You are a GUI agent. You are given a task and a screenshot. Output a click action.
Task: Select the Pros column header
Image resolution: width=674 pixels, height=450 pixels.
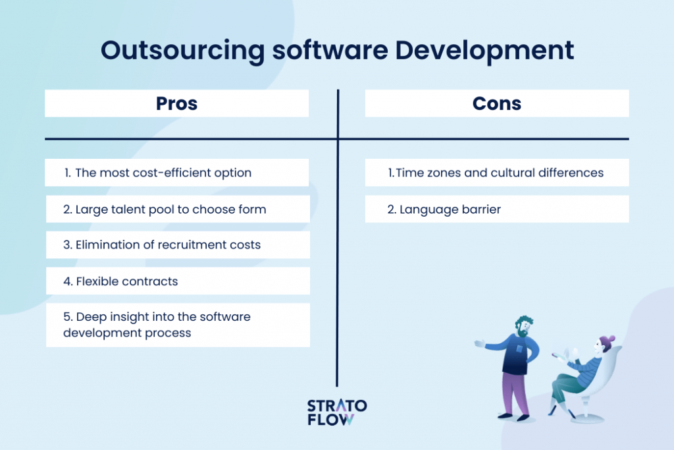tap(176, 103)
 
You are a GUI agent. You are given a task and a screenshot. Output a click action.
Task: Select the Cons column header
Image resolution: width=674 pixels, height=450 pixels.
tap(497, 103)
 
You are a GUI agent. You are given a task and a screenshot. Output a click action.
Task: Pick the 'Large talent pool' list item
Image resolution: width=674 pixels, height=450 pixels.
tap(165, 210)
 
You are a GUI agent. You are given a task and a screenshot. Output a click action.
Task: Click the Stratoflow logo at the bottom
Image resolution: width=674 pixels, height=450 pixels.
tap(337, 412)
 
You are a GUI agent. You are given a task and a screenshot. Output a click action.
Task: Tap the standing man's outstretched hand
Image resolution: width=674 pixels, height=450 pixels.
tap(480, 343)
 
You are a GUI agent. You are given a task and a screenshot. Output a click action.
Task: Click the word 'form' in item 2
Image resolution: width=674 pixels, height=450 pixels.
tap(253, 210)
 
